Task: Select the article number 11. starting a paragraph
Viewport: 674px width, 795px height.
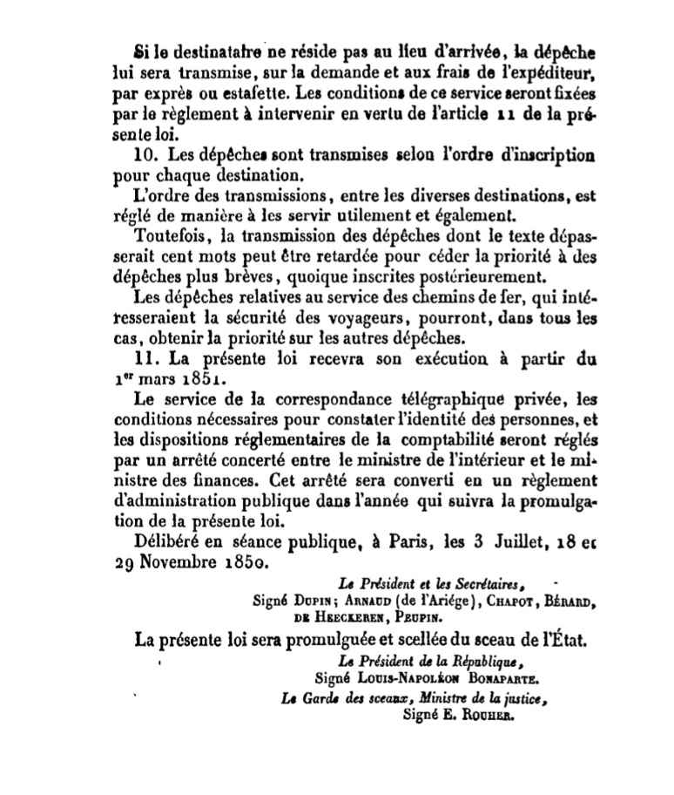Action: (x=148, y=357)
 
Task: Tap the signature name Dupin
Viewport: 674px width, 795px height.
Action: (x=305, y=601)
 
